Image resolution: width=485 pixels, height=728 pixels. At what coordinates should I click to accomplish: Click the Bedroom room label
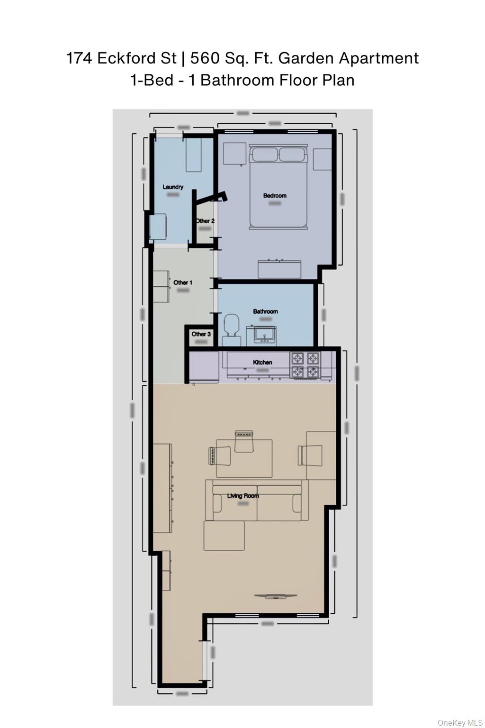click(x=275, y=195)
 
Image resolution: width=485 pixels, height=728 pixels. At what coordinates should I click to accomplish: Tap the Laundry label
click(x=173, y=187)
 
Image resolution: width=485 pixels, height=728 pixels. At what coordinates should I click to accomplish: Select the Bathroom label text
click(x=265, y=311)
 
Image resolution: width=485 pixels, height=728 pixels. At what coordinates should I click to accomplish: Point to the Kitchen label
click(x=262, y=362)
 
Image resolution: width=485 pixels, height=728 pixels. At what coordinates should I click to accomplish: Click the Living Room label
click(x=243, y=496)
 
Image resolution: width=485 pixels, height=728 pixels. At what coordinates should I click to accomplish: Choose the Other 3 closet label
click(x=201, y=334)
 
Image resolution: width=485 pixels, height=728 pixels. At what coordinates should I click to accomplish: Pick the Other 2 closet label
click(x=205, y=221)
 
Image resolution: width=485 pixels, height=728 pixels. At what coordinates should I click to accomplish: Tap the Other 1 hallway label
click(x=183, y=282)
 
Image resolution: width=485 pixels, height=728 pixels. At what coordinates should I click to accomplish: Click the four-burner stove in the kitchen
click(x=305, y=364)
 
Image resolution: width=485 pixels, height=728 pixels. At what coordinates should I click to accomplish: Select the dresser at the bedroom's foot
click(x=279, y=269)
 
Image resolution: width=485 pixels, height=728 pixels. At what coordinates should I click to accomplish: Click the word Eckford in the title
click(x=126, y=58)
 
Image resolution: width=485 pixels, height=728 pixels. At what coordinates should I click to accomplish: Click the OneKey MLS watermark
click(x=460, y=722)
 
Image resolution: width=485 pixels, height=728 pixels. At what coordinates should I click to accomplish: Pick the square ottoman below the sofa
click(x=224, y=536)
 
